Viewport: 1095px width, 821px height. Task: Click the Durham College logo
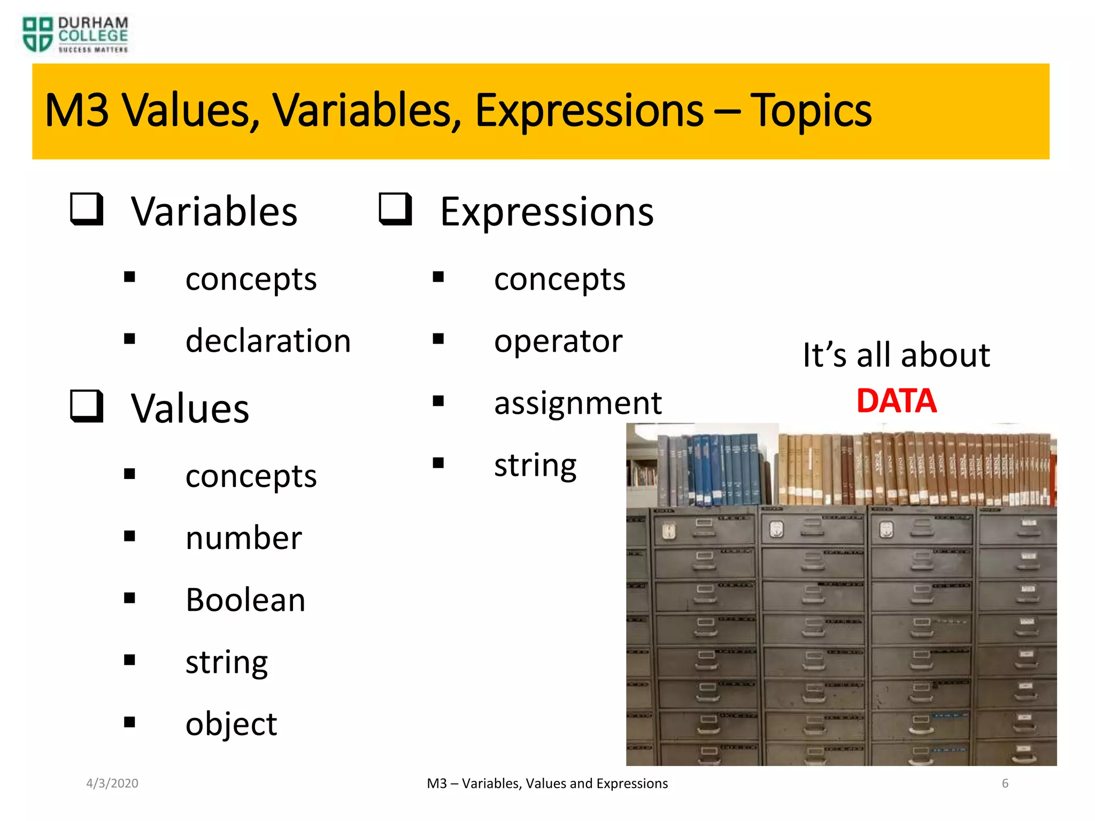[x=75, y=35]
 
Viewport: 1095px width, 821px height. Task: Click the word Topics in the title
[x=811, y=111]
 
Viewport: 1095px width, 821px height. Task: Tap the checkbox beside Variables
[x=87, y=209]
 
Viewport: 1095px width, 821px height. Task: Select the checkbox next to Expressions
[x=395, y=209]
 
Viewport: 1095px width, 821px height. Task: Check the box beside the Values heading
[x=87, y=406]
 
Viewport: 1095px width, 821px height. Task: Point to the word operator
[x=558, y=341]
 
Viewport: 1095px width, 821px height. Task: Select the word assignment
[x=577, y=403]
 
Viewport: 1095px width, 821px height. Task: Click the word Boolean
[x=245, y=600]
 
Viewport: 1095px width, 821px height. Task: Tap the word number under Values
[x=243, y=538]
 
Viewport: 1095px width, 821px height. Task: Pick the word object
[x=231, y=724]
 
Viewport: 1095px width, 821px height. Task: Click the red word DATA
[x=896, y=401]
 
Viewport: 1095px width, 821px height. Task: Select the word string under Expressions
[x=535, y=466]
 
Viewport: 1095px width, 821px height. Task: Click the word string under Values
[x=227, y=662]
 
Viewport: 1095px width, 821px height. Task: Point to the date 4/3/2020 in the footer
[x=112, y=784]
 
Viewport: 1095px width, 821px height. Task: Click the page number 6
[x=1005, y=784]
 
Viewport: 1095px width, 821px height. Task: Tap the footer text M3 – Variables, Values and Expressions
[x=547, y=784]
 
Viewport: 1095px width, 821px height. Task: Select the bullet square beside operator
[x=438, y=339]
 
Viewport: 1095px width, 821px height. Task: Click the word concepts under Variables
[x=251, y=279]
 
